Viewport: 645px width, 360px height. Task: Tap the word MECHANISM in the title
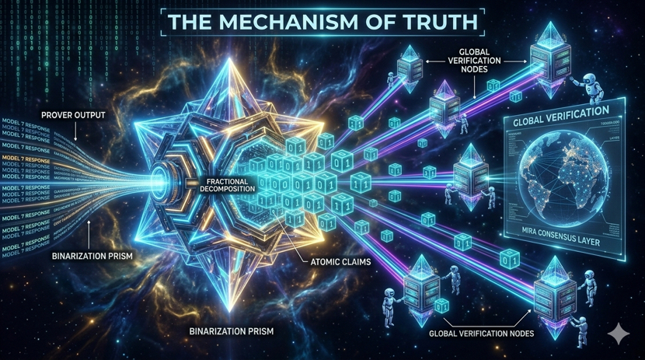click(x=287, y=22)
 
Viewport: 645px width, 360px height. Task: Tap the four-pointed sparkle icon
click(x=619, y=334)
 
